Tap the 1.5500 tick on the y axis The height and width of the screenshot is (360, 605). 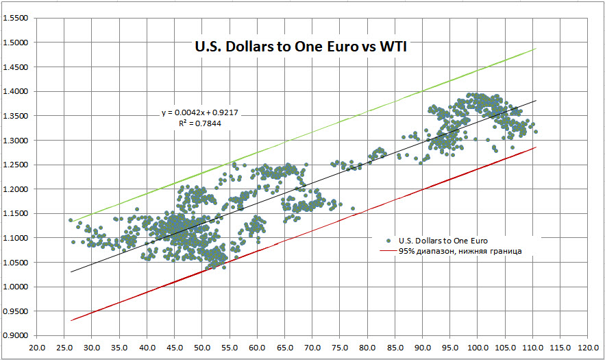(x=16, y=18)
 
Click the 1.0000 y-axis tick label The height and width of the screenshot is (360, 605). (x=16, y=287)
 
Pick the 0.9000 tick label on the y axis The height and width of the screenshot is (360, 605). (x=16, y=335)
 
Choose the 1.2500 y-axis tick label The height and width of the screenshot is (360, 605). (x=16, y=165)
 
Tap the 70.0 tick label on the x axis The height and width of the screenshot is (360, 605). (x=312, y=348)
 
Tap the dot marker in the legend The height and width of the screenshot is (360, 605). (x=388, y=241)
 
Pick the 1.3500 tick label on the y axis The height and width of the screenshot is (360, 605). (x=16, y=116)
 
